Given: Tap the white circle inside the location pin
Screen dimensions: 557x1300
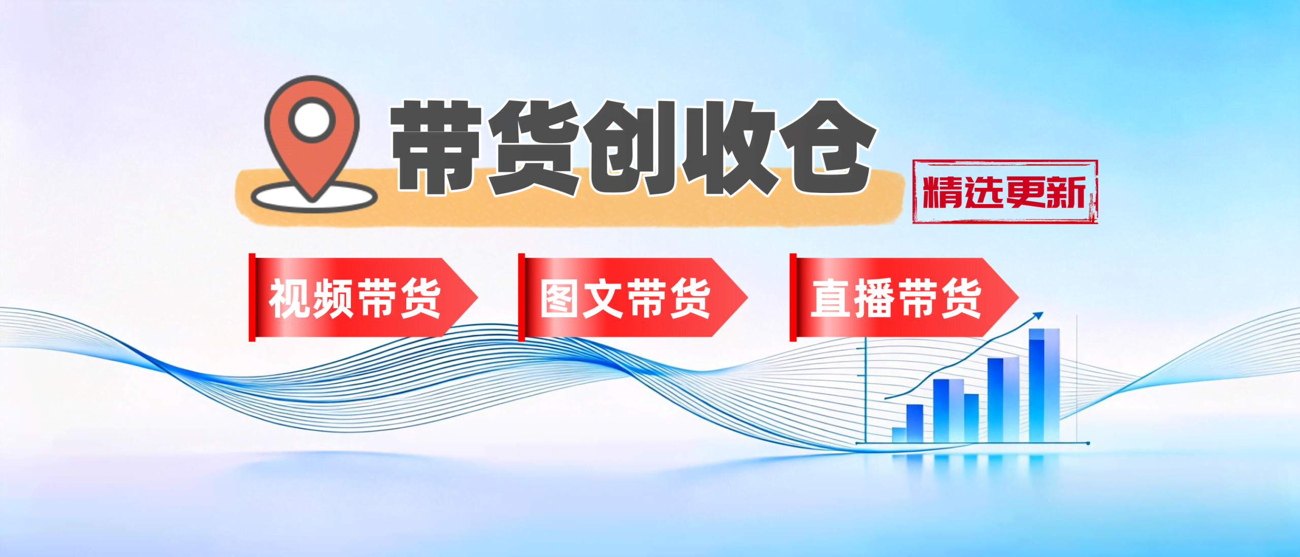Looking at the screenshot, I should click(312, 120).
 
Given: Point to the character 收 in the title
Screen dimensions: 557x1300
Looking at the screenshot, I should click(728, 147).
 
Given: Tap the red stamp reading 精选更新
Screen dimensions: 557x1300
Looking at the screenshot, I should click(1004, 192).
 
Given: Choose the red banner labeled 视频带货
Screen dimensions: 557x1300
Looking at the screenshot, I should click(355, 298).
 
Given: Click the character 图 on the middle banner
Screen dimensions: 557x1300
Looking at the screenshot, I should click(559, 299).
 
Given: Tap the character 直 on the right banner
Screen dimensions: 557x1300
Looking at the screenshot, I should click(830, 299).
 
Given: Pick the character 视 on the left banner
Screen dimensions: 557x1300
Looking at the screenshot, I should click(288, 299).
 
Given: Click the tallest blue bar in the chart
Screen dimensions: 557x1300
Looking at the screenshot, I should click(1044, 386).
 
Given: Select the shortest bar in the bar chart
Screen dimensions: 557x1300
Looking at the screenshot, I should click(899, 435).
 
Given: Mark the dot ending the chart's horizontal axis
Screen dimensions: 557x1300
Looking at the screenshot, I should click(1088, 443).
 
